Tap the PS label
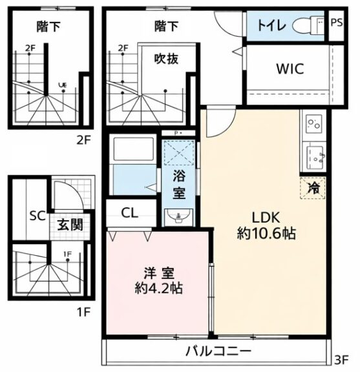(337, 23)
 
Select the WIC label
(290, 69)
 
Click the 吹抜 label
(166, 58)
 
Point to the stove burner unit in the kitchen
(313, 123)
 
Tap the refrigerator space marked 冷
(313, 188)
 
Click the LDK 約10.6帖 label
(266, 225)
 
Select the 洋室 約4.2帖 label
(158, 281)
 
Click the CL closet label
(130, 213)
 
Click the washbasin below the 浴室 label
(178, 216)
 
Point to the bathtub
(134, 148)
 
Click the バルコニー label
(218, 351)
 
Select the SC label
(37, 216)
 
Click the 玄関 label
(70, 225)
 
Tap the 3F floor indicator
(341, 360)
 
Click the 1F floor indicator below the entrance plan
(83, 312)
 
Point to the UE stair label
(63, 85)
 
